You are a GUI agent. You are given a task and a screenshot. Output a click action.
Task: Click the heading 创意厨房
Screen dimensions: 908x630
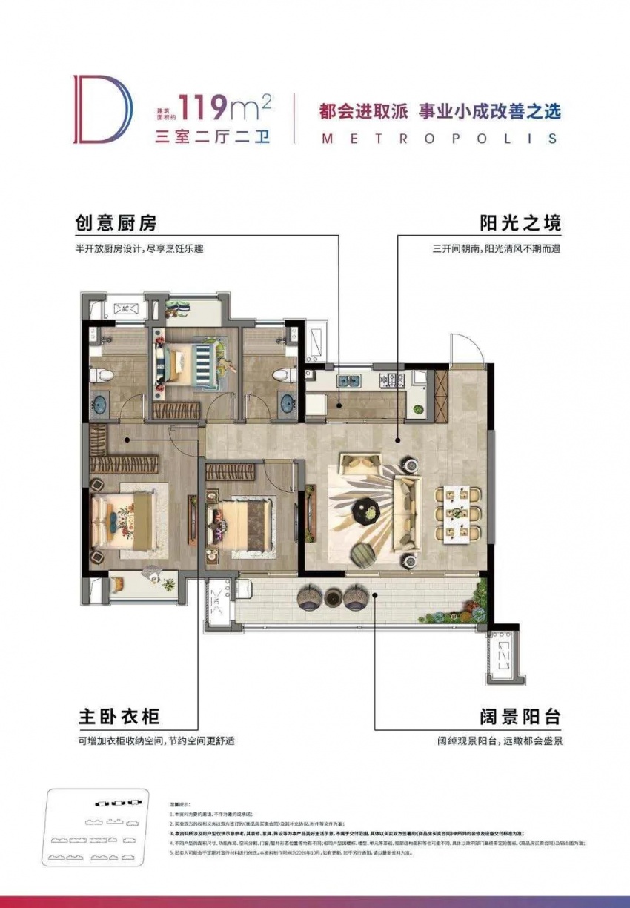(117, 223)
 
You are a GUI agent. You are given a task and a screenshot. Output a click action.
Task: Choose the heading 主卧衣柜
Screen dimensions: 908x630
(119, 718)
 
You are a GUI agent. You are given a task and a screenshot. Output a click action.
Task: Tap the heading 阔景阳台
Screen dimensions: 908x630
(519, 718)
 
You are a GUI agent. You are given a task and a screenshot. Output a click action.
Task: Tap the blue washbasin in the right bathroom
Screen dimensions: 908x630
(288, 404)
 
